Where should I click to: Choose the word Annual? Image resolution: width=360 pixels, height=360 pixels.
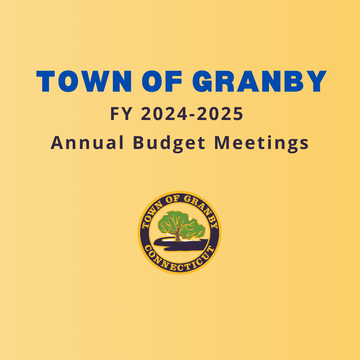click(87, 143)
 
